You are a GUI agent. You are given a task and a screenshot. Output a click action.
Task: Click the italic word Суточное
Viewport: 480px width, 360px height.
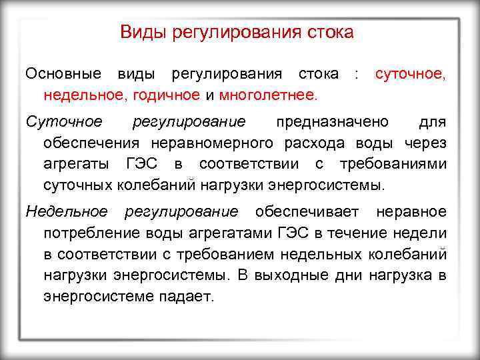click(63, 122)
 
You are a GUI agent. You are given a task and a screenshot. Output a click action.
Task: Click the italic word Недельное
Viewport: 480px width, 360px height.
click(67, 212)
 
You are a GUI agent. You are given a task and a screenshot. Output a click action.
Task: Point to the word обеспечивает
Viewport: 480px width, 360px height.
click(307, 212)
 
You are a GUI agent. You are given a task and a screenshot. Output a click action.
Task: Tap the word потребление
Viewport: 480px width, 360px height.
click(87, 233)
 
